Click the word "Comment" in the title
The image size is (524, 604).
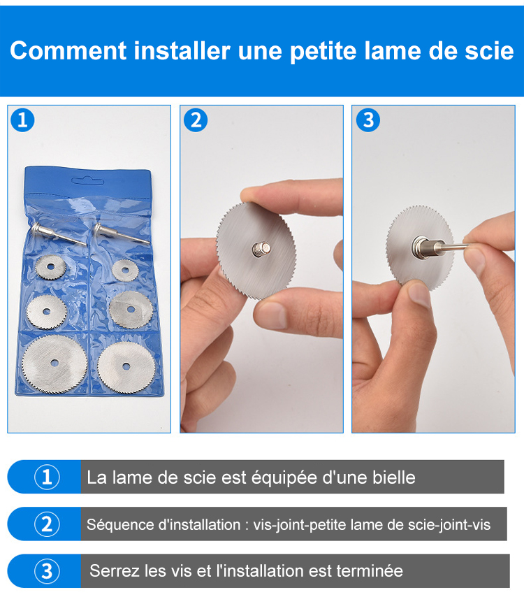(x=68, y=50)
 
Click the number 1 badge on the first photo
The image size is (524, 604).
(x=22, y=120)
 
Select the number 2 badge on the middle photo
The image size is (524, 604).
(x=196, y=120)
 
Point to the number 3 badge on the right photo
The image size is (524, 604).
(x=368, y=120)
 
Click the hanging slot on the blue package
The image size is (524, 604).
(x=88, y=180)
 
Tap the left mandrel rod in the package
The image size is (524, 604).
(x=58, y=233)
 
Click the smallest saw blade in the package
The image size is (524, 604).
(x=125, y=270)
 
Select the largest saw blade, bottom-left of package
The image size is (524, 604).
(x=54, y=364)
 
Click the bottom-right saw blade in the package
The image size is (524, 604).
(x=126, y=368)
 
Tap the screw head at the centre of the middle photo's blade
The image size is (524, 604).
(x=261, y=249)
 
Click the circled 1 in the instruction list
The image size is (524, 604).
(x=47, y=477)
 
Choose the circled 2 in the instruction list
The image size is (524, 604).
(x=47, y=524)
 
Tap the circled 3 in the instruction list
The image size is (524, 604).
(x=47, y=571)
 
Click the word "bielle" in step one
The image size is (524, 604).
(x=394, y=477)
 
